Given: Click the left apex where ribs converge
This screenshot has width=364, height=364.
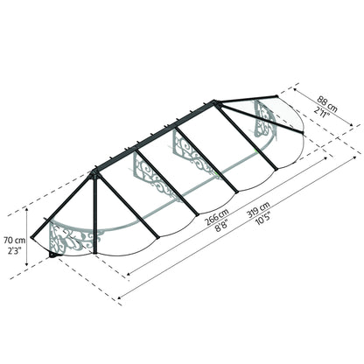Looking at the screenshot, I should pyautogui.click(x=93, y=171).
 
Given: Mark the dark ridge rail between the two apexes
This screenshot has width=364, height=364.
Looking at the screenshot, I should pyautogui.click(x=157, y=136).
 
